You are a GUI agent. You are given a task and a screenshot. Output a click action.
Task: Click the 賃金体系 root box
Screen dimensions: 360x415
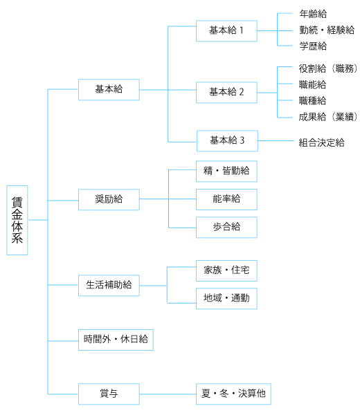17,220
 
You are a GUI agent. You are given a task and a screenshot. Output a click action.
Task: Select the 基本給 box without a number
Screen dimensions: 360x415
109,89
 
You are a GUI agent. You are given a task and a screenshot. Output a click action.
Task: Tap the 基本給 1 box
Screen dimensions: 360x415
226,30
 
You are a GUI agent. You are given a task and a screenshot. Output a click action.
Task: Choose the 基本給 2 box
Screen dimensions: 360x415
226,93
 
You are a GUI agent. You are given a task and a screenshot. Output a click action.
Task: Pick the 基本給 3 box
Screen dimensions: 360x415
227,141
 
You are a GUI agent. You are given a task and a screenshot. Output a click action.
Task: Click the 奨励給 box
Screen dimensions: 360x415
109,200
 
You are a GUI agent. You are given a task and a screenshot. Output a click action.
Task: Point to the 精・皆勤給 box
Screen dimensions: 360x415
226,171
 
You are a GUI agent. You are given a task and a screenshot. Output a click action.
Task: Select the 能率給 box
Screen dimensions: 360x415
226,199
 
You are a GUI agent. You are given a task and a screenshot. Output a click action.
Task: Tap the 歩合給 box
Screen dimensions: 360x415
226,227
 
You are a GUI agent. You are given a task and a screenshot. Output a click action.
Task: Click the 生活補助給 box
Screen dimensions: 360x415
109,285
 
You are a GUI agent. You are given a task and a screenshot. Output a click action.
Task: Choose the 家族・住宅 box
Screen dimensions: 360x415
226,270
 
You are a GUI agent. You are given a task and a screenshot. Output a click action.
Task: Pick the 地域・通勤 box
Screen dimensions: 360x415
226,298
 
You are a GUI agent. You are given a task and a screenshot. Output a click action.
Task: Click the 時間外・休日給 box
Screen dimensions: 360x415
116,340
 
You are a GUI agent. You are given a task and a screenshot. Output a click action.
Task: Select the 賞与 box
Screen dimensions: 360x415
109,394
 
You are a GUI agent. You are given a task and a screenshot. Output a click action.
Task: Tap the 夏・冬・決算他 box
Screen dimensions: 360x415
233,394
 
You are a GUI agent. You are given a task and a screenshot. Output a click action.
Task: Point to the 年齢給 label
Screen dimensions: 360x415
313,14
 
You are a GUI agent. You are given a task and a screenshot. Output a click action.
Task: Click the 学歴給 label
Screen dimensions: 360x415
313,46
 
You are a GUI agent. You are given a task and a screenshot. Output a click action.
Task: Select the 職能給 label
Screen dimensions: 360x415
312,84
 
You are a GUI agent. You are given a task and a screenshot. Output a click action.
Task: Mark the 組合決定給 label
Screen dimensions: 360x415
322,142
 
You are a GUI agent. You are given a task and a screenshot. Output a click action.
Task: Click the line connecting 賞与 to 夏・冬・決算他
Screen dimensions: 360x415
168,394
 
